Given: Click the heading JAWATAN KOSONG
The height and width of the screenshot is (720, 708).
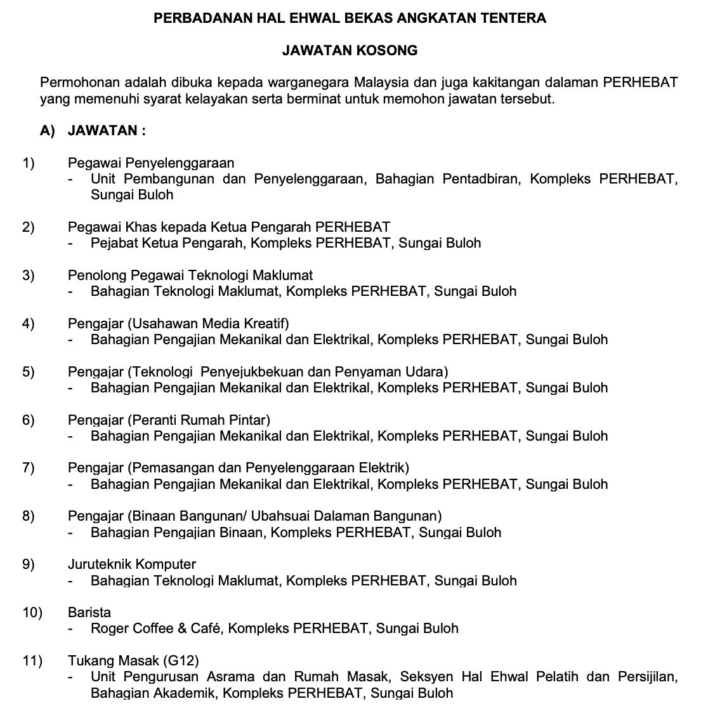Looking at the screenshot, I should [x=350, y=50].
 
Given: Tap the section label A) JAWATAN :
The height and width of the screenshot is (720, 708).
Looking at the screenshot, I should [x=93, y=131].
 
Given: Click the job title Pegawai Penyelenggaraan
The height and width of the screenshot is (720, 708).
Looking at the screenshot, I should [x=151, y=163].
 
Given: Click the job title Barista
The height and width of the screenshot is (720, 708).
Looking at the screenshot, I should [x=89, y=613].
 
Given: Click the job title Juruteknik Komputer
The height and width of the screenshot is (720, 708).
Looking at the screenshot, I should [x=132, y=564].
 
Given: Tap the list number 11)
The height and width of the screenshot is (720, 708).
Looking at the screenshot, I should [x=32, y=661].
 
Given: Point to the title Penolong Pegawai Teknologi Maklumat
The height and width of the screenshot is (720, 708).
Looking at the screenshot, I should [x=190, y=276].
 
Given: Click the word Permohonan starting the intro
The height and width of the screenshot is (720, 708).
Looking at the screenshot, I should [x=78, y=83].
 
